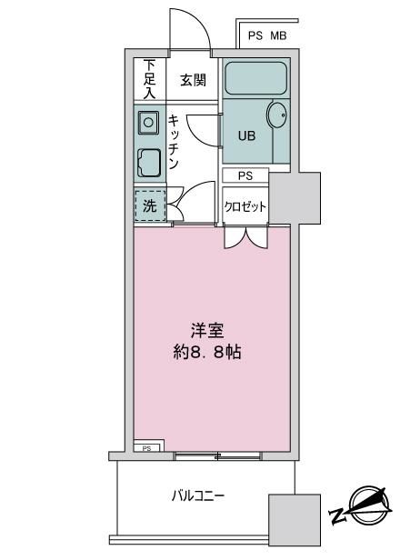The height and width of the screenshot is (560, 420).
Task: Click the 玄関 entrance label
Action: point(193,80)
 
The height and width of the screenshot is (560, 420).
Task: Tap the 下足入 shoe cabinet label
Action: point(150,79)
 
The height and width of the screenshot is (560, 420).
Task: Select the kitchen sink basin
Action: point(148,123)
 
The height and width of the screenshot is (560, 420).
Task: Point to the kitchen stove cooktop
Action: point(149,163)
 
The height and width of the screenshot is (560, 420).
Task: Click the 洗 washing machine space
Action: point(150,205)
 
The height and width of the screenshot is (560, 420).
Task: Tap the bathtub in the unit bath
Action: point(255,78)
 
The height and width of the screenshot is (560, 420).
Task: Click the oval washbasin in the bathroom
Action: point(276,115)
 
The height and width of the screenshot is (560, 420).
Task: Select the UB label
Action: point(246,136)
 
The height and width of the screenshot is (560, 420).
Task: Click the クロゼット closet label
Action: point(245,206)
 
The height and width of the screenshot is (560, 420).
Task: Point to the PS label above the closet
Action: point(245,175)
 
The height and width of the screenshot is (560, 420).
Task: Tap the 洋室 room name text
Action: point(207,330)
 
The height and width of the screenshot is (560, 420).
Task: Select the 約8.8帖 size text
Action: point(207,353)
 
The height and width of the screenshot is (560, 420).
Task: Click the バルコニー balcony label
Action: point(198,496)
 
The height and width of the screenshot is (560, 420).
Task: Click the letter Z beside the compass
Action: point(338,515)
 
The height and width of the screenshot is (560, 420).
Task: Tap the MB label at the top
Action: point(278,35)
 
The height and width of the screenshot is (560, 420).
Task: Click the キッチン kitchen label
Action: point(174,142)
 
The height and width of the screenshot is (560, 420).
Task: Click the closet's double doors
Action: point(245,236)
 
